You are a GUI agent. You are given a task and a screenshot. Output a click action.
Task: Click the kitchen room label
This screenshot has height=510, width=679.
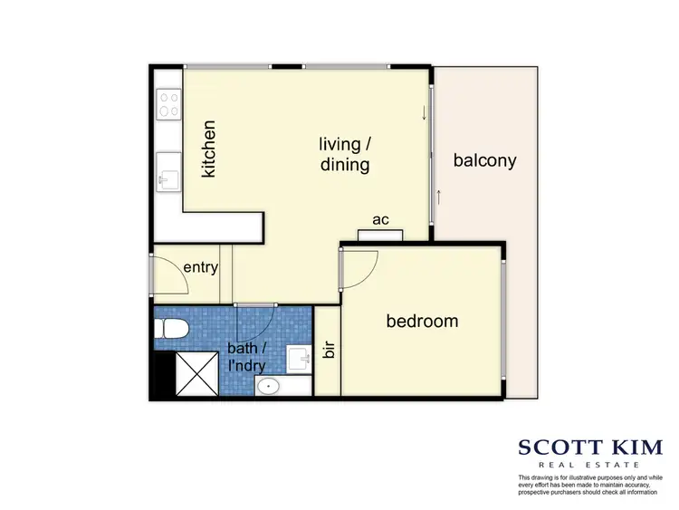[x=209, y=149]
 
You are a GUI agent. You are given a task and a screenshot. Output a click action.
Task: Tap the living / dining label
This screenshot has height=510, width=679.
[x=344, y=154]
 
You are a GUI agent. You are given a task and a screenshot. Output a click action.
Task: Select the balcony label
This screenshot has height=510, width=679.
[x=484, y=161]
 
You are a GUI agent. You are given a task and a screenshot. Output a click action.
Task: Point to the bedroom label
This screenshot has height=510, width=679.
[x=422, y=321]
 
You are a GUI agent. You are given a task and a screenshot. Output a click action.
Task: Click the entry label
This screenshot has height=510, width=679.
[x=199, y=267]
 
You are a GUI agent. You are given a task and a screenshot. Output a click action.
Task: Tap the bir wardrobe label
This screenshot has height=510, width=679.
[x=328, y=351]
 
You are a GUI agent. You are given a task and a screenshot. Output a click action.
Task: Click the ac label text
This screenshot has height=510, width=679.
[x=380, y=220]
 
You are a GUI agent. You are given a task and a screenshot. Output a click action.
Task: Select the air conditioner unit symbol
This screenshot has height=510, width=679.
[x=379, y=236]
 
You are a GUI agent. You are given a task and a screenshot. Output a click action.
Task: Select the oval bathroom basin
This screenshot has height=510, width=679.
[x=267, y=388]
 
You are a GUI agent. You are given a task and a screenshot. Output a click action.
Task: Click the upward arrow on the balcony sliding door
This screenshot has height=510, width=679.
[x=437, y=197]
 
